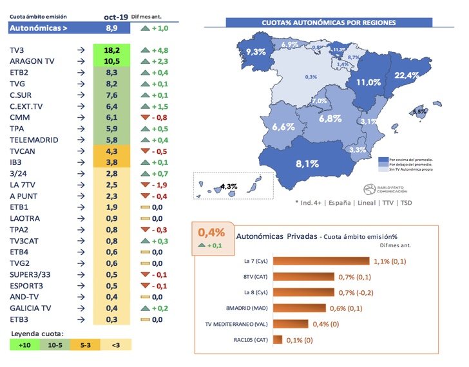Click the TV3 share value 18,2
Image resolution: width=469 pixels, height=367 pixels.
pyautogui.click(x=113, y=49)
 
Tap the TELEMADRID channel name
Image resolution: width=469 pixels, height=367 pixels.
pyautogui.click(x=34, y=140)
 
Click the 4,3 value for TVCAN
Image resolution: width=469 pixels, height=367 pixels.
pyautogui.click(x=113, y=151)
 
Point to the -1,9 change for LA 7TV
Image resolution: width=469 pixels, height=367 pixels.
pyautogui.click(x=155, y=185)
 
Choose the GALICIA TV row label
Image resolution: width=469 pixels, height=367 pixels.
pyautogui.click(x=30, y=308)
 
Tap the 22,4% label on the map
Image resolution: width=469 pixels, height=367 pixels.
pyautogui.click(x=407, y=75)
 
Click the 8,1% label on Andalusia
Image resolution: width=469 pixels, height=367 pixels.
pyautogui.click(x=307, y=164)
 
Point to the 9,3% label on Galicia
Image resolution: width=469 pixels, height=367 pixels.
pyautogui.click(x=256, y=52)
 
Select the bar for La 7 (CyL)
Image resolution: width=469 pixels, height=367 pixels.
pyautogui.click(x=320, y=261)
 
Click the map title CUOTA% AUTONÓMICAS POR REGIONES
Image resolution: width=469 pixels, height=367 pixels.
pyautogui.click(x=329, y=23)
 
